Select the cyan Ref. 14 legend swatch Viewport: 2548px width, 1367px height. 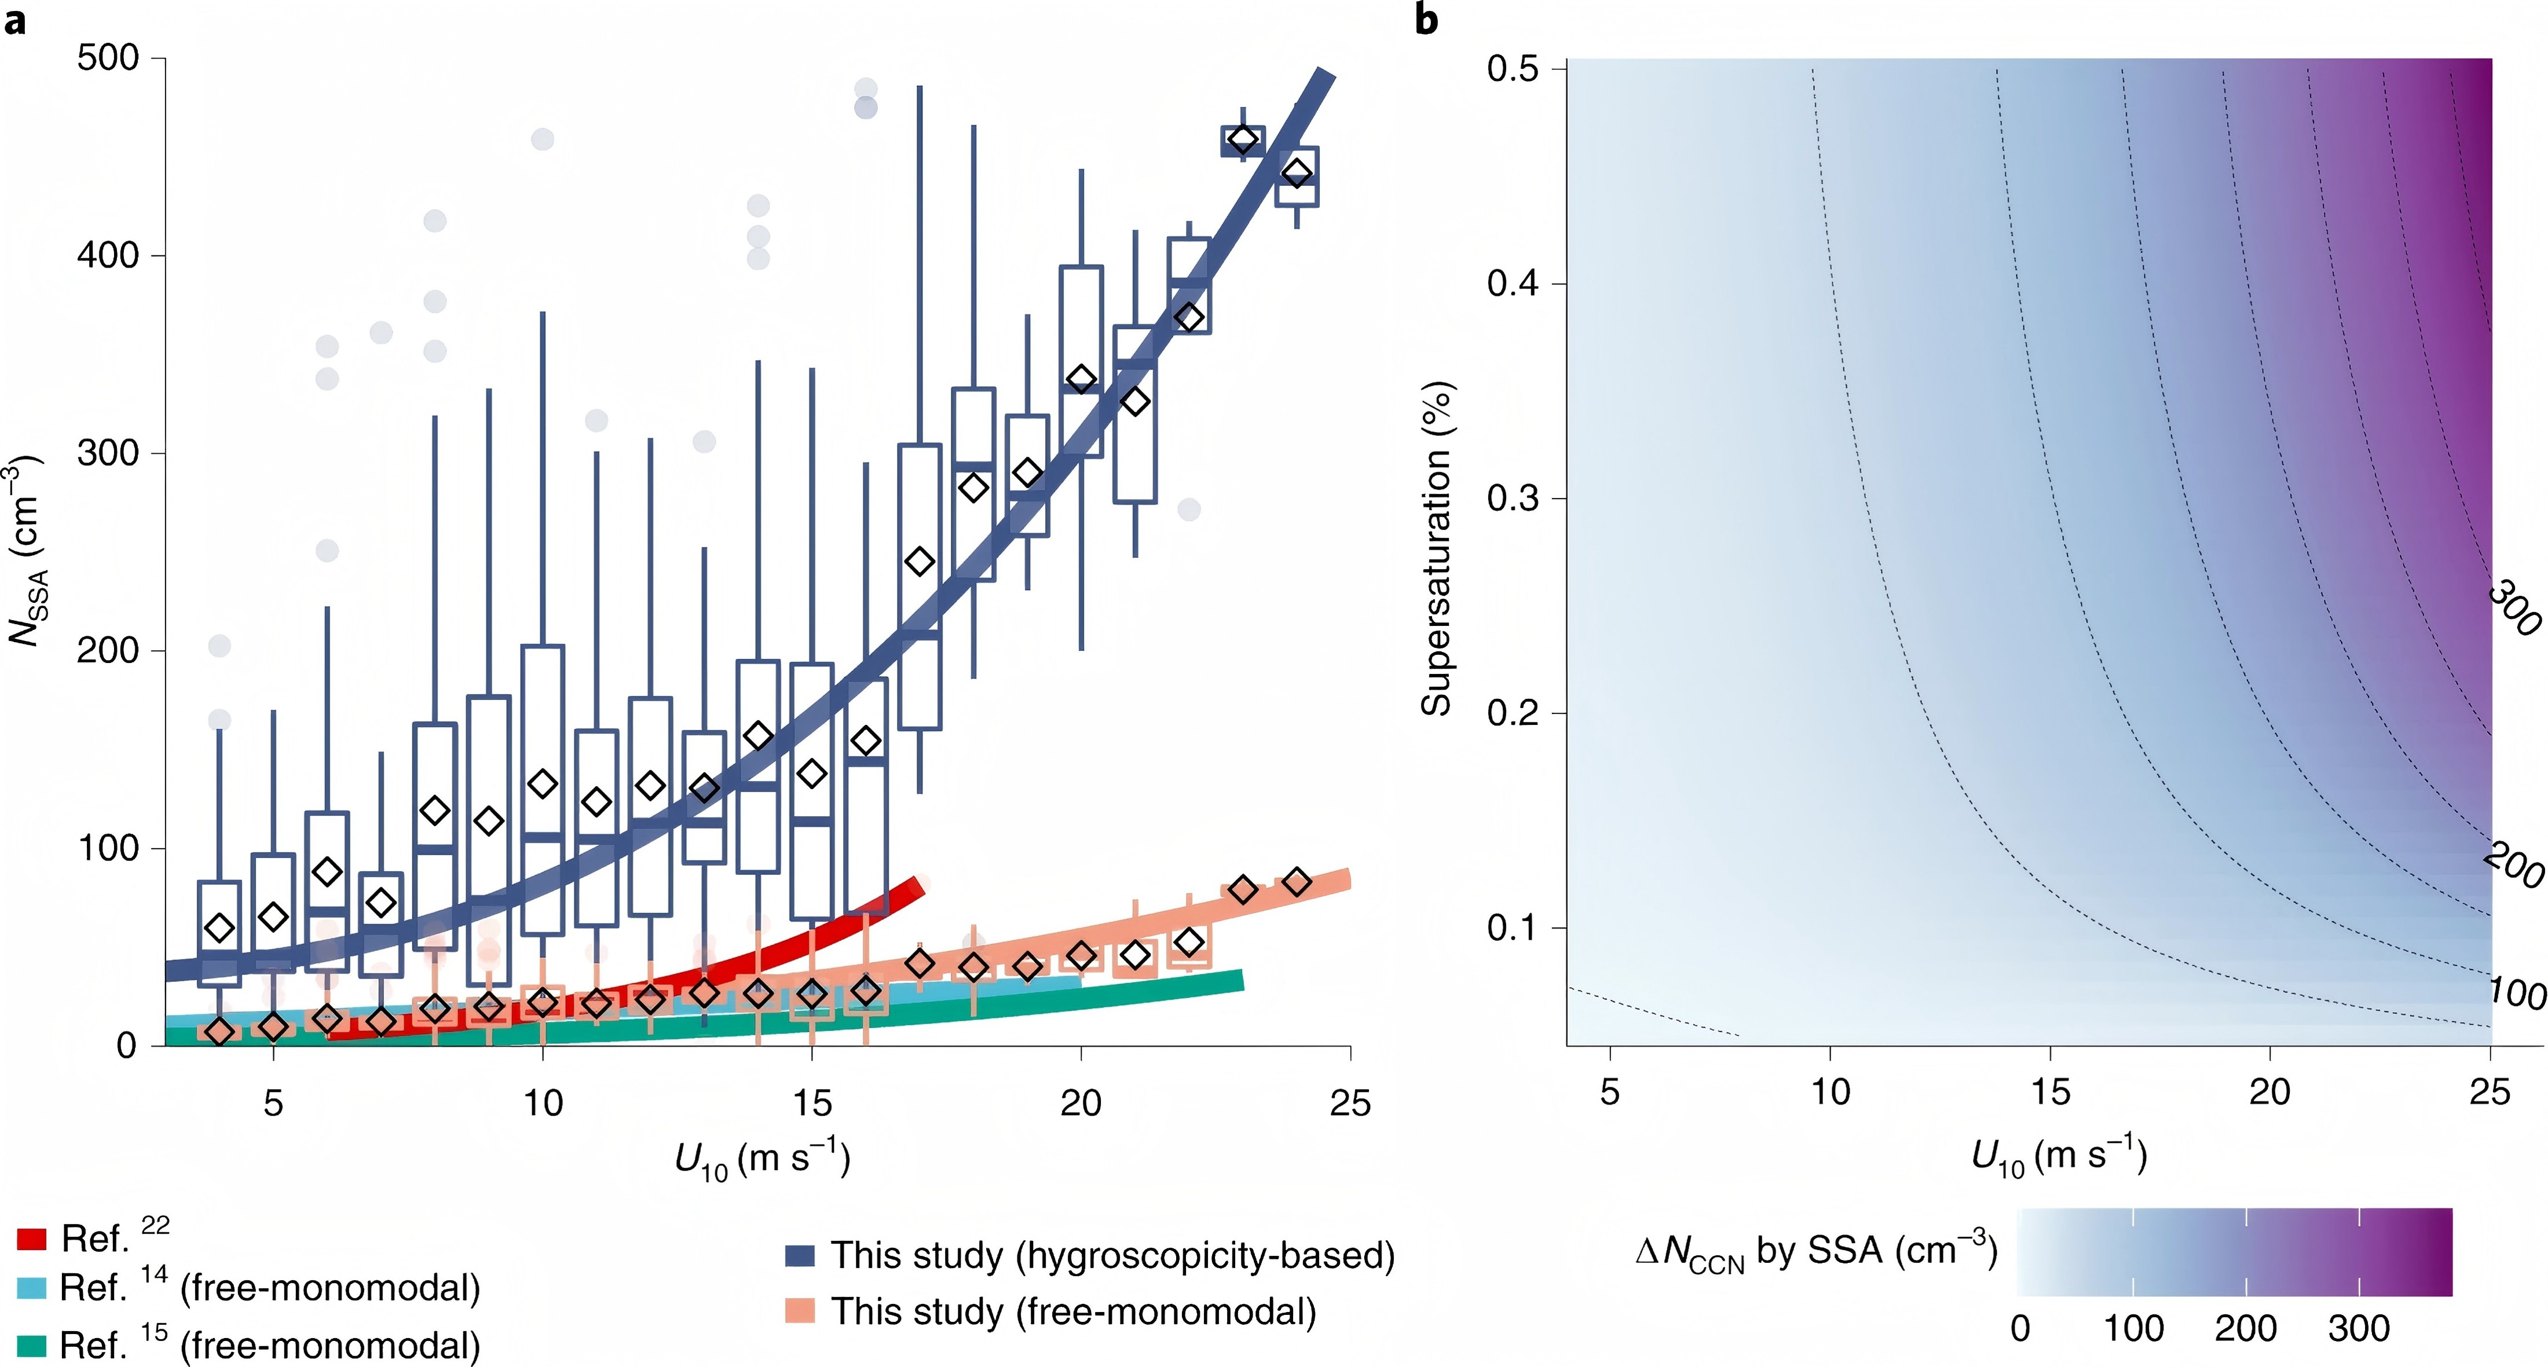(32, 1288)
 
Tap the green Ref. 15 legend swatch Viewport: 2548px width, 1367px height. (32, 1345)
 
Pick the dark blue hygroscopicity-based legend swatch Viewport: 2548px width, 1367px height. (799, 1255)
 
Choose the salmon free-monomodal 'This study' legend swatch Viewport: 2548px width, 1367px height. (799, 1311)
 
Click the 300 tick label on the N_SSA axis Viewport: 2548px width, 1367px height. (108, 453)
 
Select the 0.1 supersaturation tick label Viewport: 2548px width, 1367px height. (1513, 927)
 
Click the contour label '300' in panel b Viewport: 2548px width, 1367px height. (2513, 609)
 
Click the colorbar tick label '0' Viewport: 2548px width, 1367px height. (2021, 1328)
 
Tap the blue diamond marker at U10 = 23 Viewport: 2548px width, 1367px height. (1243, 140)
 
